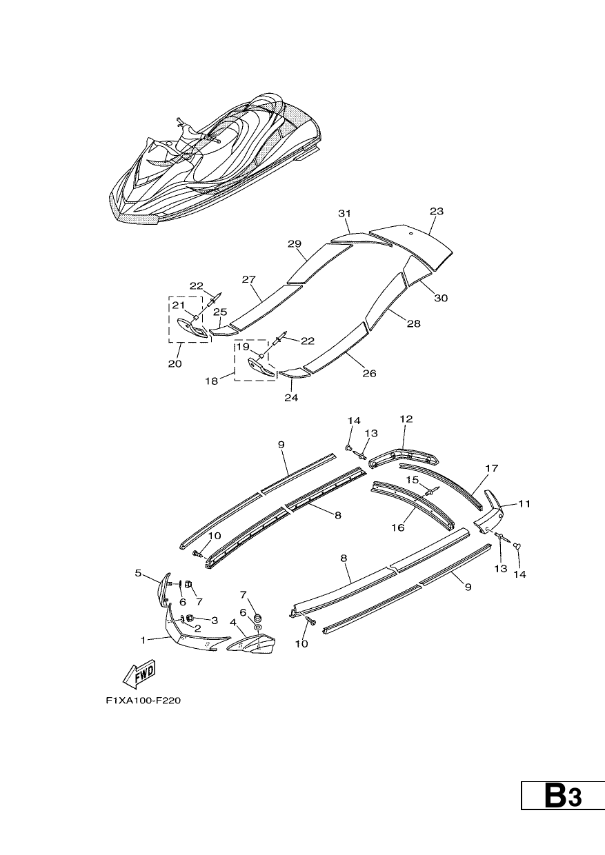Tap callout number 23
[437, 211]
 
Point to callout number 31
[344, 213]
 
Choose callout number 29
[295, 243]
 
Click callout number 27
[248, 279]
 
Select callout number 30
[441, 298]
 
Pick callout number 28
[414, 323]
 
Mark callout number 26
[369, 373]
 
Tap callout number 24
[291, 398]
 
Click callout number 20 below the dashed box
[175, 364]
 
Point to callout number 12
[406, 419]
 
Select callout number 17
[492, 468]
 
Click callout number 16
[397, 527]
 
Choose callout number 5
[138, 573]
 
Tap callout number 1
[143, 640]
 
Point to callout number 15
[413, 480]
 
